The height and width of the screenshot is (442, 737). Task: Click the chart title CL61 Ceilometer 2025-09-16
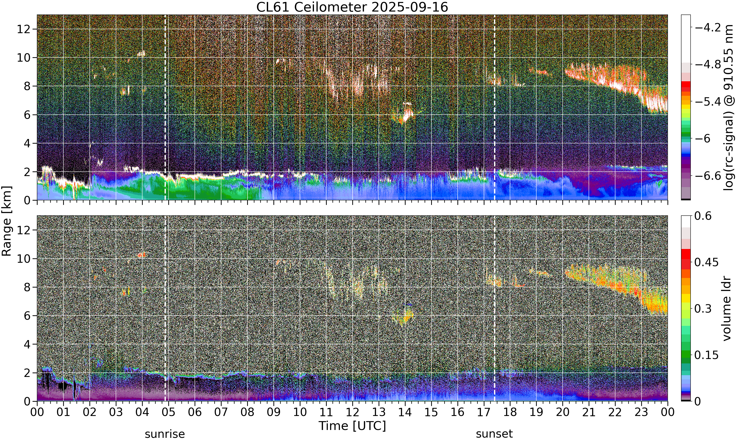(352, 7)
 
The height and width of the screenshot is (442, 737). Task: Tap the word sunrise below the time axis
(165, 434)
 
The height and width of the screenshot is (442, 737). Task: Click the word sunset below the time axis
(494, 434)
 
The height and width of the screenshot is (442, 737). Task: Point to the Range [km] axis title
(7, 221)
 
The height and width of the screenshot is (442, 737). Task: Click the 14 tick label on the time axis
(405, 412)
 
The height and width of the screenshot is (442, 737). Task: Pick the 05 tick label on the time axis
(169, 412)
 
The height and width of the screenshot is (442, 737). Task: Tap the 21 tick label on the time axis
(589, 412)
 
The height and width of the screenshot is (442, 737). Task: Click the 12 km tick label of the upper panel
(24, 29)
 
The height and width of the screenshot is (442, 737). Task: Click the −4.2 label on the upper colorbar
(708, 28)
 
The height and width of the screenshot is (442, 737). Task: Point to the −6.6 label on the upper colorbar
(708, 176)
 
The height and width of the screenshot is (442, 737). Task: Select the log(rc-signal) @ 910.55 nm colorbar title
(729, 108)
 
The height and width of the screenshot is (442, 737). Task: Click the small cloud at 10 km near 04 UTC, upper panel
(141, 54)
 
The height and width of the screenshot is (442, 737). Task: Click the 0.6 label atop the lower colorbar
(703, 216)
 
